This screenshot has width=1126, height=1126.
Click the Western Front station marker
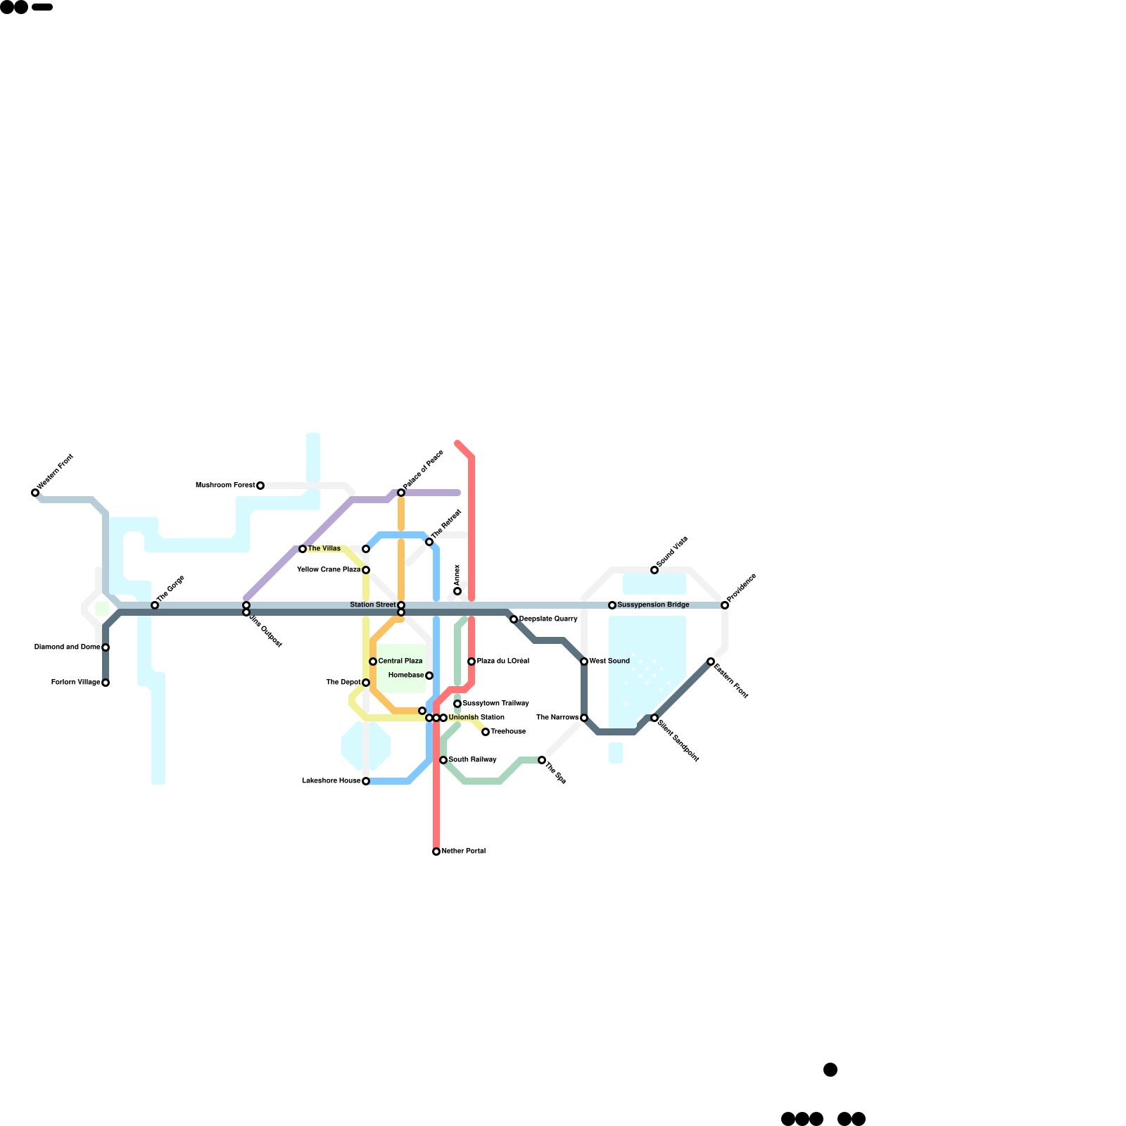coord(35,493)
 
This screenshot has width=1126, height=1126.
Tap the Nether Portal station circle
coord(436,852)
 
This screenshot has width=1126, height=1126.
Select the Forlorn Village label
coord(75,683)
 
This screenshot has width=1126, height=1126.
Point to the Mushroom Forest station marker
coord(260,486)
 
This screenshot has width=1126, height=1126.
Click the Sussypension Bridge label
coord(653,605)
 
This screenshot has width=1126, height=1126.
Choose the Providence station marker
coord(725,605)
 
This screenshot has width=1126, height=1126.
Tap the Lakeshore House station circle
coord(366,781)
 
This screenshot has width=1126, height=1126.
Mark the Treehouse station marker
coord(486,732)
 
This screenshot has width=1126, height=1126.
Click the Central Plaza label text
coord(400,662)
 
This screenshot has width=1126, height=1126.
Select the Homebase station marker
coord(429,676)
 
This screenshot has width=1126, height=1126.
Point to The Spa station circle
coord(542,760)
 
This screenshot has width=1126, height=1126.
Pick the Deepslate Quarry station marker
coord(514,619)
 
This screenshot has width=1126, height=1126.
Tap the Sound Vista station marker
coord(654,570)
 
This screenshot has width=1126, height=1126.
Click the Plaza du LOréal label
coord(502,662)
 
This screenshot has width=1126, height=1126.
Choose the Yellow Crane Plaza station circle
coord(366,570)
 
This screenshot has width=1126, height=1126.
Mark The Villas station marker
coord(303,549)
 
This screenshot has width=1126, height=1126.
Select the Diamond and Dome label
coord(67,647)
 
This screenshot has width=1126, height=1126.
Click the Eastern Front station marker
coord(711,662)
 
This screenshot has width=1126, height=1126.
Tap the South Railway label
coord(472,760)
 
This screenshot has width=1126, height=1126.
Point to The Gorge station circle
coord(155,605)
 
